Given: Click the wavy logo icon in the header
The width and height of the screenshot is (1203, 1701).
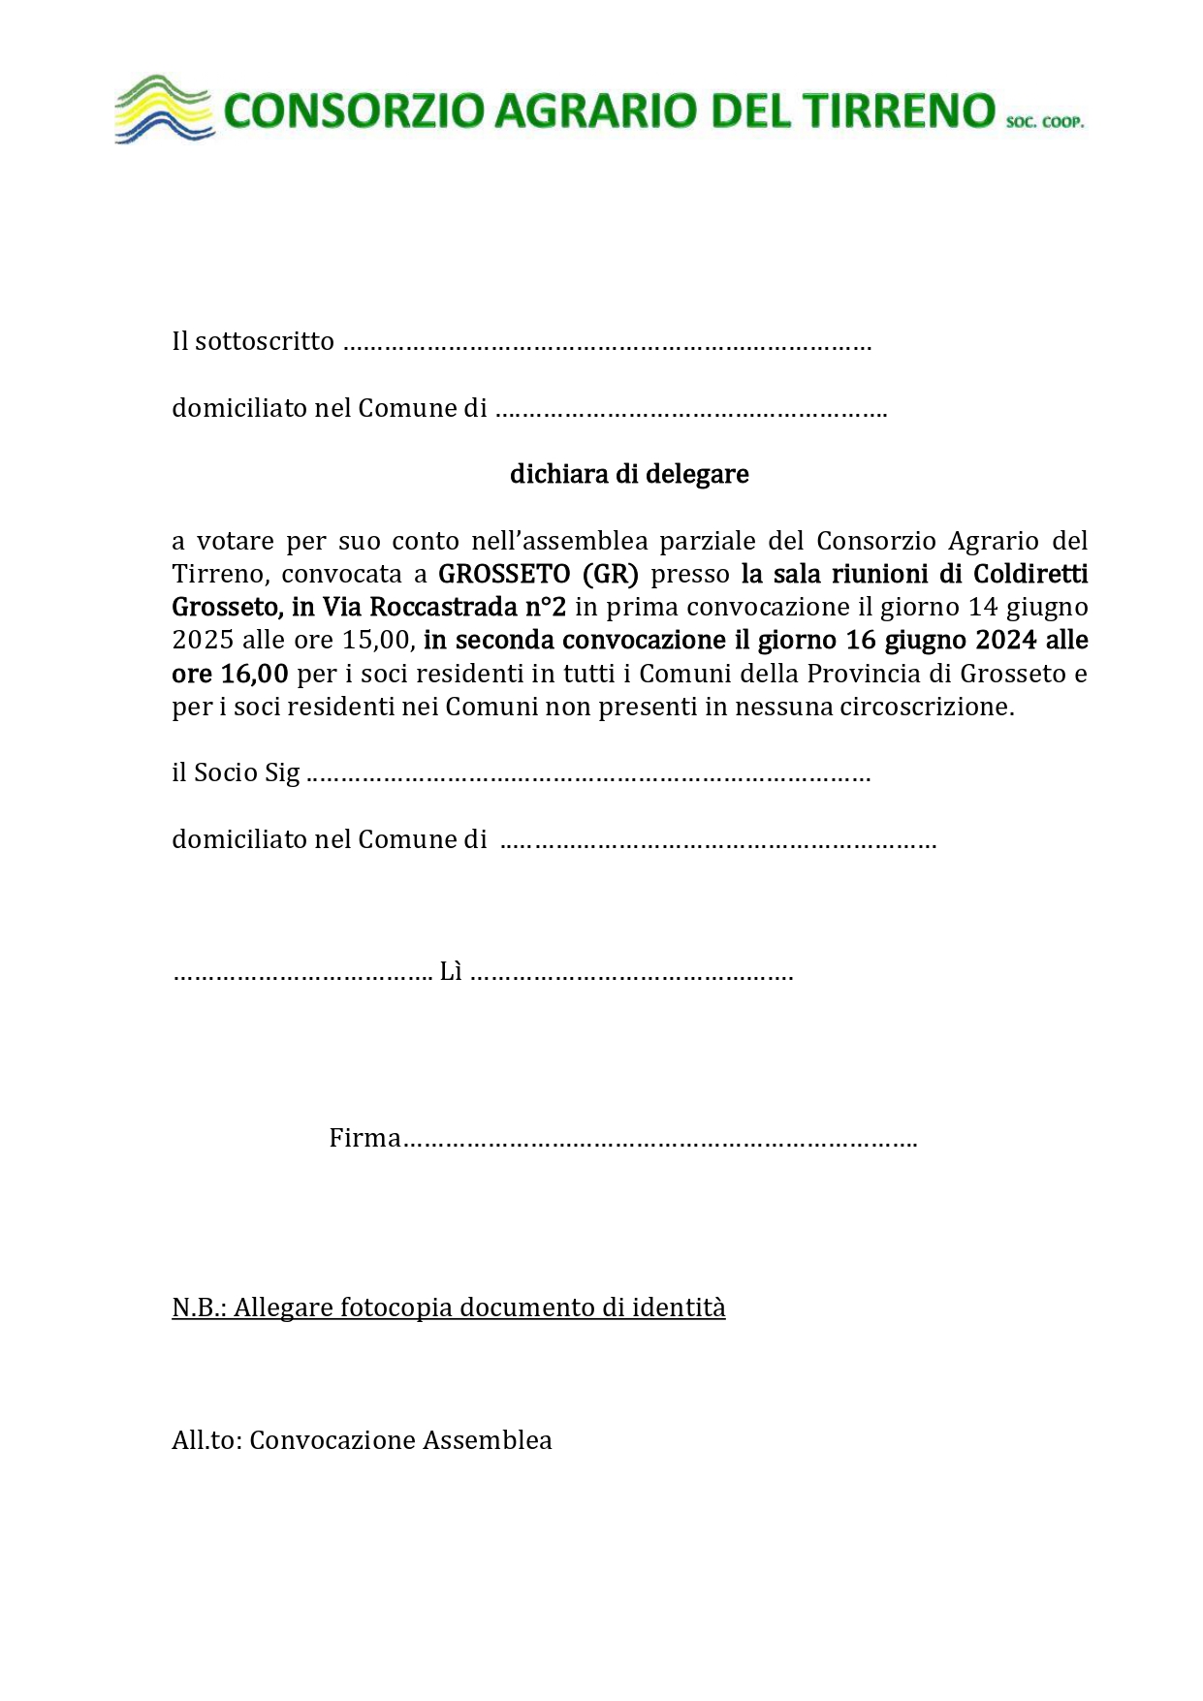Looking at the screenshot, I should [x=163, y=110].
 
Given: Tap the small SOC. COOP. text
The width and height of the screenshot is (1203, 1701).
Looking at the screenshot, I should [x=1044, y=123].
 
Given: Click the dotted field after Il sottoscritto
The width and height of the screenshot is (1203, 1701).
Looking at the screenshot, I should [x=607, y=343].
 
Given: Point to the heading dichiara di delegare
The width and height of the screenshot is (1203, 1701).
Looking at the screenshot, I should [x=629, y=474].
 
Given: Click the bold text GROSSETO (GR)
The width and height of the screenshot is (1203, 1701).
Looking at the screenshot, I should [x=538, y=574].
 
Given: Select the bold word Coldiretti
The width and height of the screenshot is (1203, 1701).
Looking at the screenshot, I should [x=1030, y=574].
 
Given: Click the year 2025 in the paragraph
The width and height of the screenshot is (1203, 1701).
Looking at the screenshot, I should [x=203, y=640].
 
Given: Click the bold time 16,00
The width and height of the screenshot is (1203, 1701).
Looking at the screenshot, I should [x=254, y=673].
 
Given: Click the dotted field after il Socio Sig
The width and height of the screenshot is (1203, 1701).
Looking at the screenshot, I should [x=587, y=774].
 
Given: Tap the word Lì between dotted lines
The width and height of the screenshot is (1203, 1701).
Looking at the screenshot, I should [x=451, y=971].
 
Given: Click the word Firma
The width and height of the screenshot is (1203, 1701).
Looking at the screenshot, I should [x=364, y=1138].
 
